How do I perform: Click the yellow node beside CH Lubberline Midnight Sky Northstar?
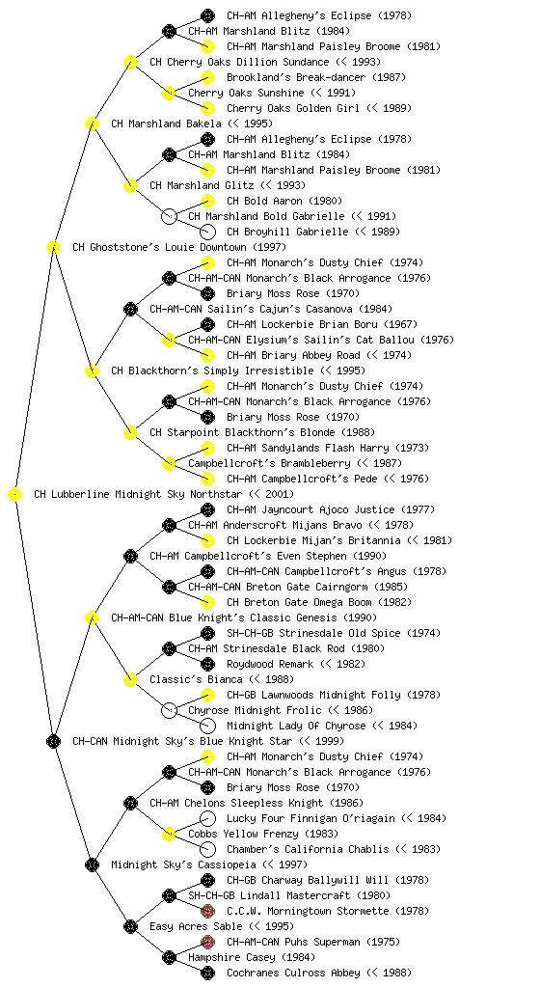pyautogui.click(x=15, y=495)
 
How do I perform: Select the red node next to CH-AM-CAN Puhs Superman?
pyautogui.click(x=207, y=942)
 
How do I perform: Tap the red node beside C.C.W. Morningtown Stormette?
pyautogui.click(x=207, y=911)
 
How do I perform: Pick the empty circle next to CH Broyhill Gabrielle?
pyautogui.click(x=207, y=232)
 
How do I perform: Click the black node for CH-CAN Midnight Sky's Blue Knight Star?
pyautogui.click(x=53, y=742)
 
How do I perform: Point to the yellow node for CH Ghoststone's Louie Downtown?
pyautogui.click(x=53, y=248)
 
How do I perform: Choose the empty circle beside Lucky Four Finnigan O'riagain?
pyautogui.click(x=207, y=818)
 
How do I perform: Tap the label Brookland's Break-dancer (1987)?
pyautogui.click(x=316, y=77)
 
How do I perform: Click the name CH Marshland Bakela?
pyautogui.click(x=166, y=123)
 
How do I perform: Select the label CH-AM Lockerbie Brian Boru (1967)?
pyautogui.click(x=322, y=324)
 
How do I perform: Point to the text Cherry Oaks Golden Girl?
pyautogui.click(x=292, y=108)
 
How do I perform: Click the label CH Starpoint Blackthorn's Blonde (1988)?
pyautogui.click(x=262, y=433)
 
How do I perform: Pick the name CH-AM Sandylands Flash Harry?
pyautogui.click(x=308, y=448)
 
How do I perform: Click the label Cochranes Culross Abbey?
pyautogui.click(x=292, y=973)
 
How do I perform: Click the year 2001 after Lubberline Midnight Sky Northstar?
pyautogui.click(x=275, y=495)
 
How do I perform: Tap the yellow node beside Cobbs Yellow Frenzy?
pyautogui.click(x=169, y=835)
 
